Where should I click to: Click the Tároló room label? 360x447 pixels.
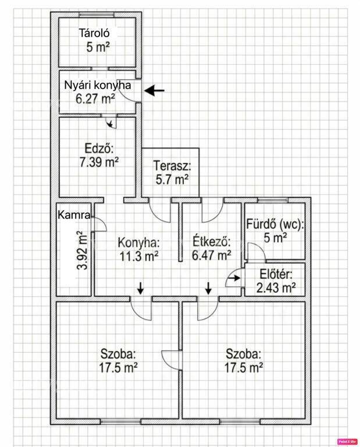[94, 33]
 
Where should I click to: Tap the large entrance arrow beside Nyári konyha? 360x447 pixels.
[154, 91]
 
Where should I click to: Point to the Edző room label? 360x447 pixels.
[99, 148]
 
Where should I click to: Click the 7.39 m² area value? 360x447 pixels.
[99, 162]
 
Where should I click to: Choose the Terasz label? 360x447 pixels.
[172, 166]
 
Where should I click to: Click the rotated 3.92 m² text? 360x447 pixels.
[82, 251]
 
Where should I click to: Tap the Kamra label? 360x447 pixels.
[74, 215]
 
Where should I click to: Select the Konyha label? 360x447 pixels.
[138, 243]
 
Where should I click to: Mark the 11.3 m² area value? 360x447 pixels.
[138, 256]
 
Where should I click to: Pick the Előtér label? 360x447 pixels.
[276, 274]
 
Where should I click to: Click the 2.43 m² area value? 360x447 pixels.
[276, 288]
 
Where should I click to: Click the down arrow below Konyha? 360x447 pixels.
[140, 288]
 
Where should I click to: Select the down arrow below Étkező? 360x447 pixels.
[208, 288]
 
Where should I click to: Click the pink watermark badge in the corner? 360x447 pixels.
[347, 441]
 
